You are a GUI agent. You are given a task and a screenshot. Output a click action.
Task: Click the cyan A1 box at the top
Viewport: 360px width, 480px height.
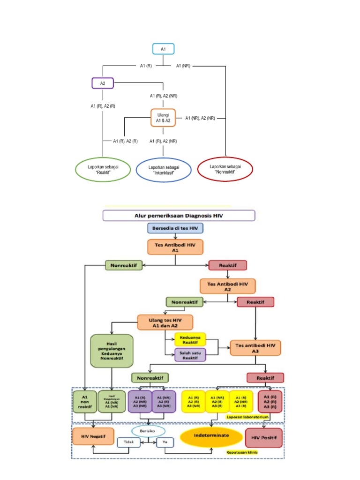pyautogui.click(x=163, y=49)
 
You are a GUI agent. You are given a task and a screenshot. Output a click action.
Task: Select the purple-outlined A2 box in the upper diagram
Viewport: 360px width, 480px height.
pyautogui.click(x=102, y=83)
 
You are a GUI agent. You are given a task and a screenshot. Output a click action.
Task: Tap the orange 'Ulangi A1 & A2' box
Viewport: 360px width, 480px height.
pyautogui.click(x=163, y=118)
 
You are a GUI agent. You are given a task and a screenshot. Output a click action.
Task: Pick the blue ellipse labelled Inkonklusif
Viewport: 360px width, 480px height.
pyautogui.click(x=164, y=170)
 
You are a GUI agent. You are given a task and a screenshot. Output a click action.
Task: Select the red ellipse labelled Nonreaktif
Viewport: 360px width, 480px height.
pyautogui.click(x=225, y=169)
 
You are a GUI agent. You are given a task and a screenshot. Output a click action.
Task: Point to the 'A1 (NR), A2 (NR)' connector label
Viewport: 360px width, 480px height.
pyautogui.click(x=200, y=118)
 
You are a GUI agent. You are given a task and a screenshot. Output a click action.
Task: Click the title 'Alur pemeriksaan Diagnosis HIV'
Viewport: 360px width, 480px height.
pyautogui.click(x=179, y=216)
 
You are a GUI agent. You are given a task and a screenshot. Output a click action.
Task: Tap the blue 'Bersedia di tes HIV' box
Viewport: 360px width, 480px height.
pyautogui.click(x=175, y=228)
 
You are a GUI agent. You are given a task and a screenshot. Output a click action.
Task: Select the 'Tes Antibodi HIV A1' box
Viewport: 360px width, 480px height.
pyautogui.click(x=175, y=247)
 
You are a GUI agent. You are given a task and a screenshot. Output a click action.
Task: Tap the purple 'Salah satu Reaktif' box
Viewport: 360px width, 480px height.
pyautogui.click(x=190, y=355)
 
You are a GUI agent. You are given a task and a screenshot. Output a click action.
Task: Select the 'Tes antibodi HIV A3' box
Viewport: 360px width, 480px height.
pyautogui.click(x=255, y=348)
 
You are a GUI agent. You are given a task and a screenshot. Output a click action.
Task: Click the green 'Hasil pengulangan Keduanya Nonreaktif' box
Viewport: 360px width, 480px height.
pyautogui.click(x=111, y=350)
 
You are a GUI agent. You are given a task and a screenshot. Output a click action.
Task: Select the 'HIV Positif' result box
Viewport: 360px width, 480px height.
pyautogui.click(x=264, y=438)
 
